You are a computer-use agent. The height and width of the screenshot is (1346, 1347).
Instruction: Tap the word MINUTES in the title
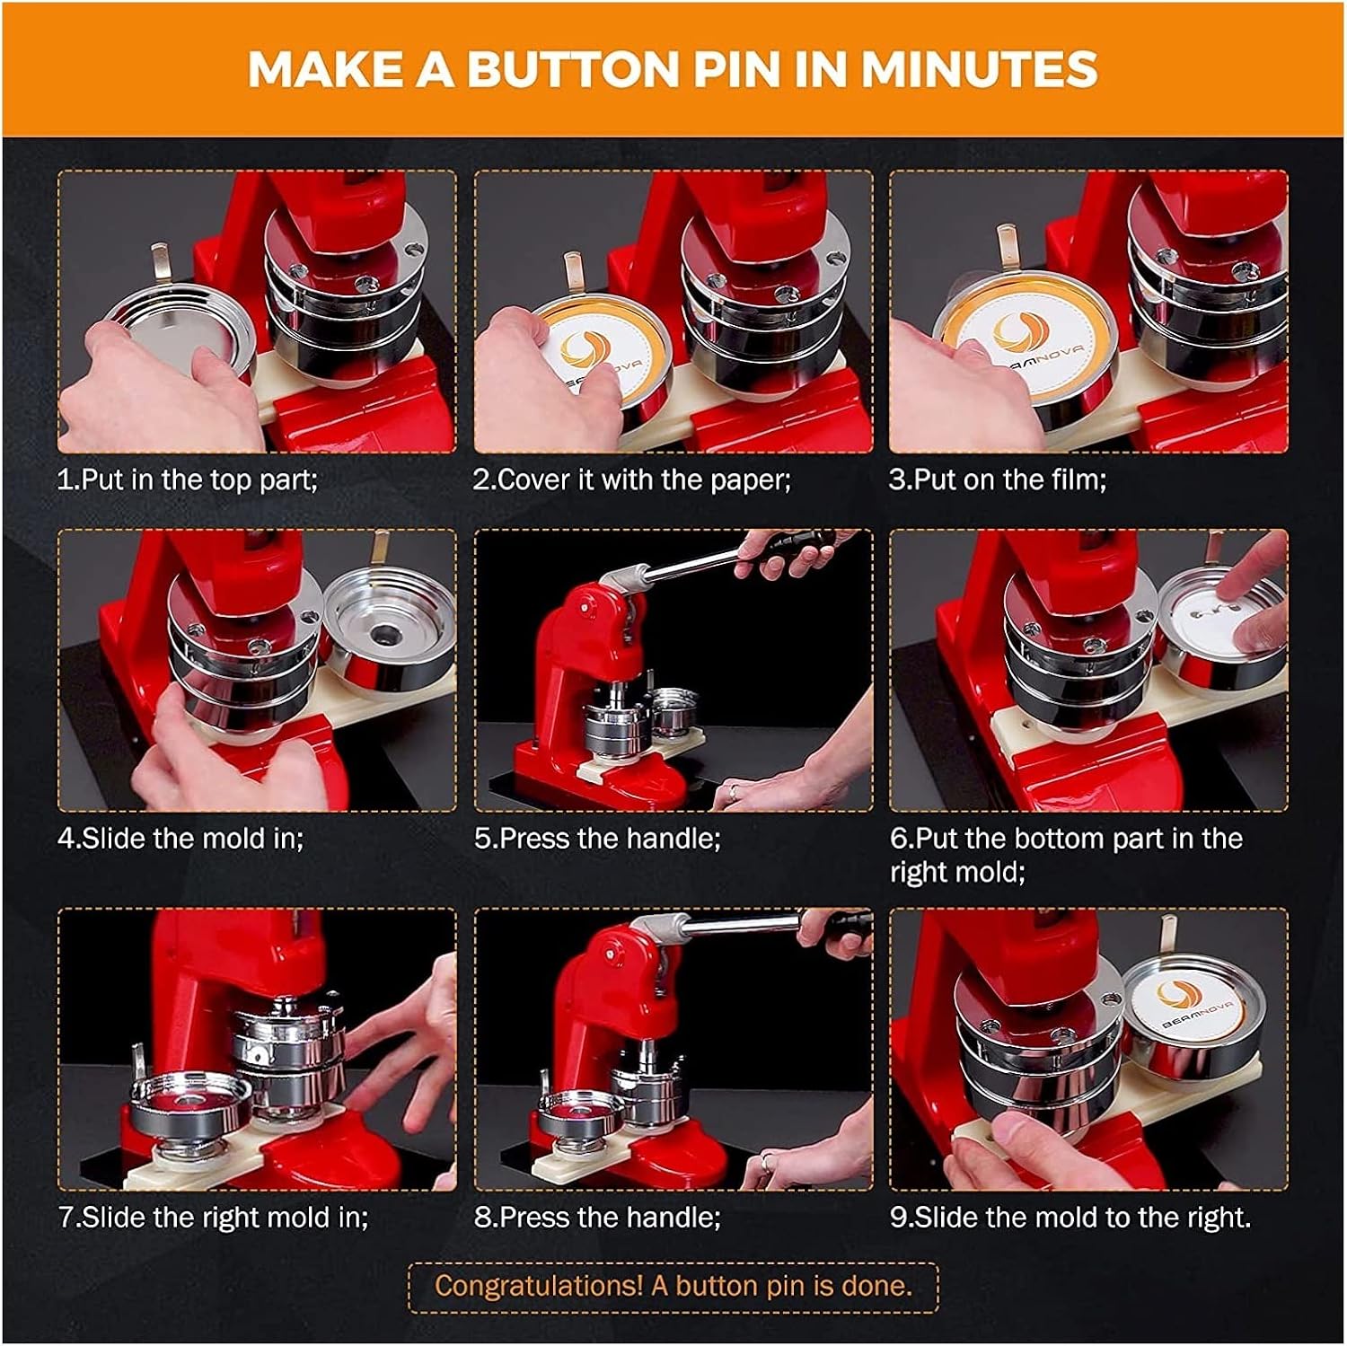tap(980, 69)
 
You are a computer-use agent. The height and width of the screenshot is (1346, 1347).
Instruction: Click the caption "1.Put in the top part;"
tap(187, 479)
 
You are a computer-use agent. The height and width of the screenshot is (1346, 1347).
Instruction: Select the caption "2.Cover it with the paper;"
tap(632, 479)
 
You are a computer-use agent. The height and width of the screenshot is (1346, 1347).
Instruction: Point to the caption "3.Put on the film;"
tap(998, 479)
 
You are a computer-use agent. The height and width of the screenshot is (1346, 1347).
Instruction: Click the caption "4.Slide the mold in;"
tap(180, 839)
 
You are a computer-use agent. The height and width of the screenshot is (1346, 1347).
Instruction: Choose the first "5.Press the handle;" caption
tap(597, 839)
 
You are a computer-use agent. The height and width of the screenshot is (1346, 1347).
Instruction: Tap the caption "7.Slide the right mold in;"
tap(214, 1218)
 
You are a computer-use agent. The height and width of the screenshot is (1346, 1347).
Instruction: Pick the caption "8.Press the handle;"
tap(597, 1218)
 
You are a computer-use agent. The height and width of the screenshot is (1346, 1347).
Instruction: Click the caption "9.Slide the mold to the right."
tap(1070, 1218)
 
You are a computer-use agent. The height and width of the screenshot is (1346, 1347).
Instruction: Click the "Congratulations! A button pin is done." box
tap(673, 1287)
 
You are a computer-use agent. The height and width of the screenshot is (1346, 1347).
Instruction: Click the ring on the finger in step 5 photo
tap(734, 791)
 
